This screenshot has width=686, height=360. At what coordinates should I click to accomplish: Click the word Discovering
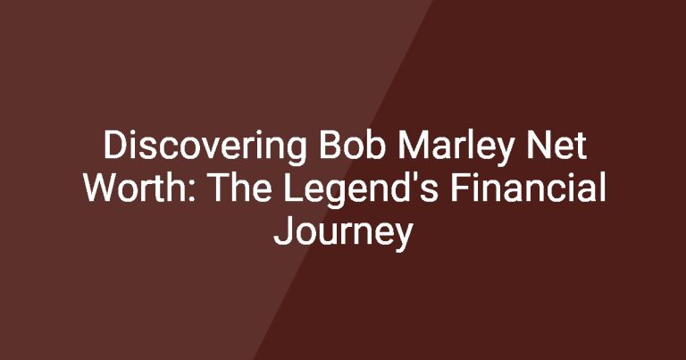pos(205,147)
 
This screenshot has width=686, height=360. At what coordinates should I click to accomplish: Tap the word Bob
pos(352,146)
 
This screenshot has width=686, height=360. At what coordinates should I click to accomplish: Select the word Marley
pos(456,148)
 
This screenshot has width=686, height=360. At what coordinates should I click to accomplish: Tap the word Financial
pos(528,188)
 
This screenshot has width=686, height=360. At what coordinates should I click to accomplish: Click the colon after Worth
pos(193,192)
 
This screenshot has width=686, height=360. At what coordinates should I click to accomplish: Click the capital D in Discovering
pos(114,146)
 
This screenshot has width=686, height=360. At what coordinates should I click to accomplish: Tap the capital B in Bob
pos(329,146)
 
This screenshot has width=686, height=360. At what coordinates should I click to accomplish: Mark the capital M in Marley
pos(413,146)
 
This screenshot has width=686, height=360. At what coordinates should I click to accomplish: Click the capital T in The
pos(221,188)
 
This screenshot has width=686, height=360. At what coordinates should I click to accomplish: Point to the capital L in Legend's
pos(294,188)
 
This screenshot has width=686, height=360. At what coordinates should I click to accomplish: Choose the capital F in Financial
pos(460,188)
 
